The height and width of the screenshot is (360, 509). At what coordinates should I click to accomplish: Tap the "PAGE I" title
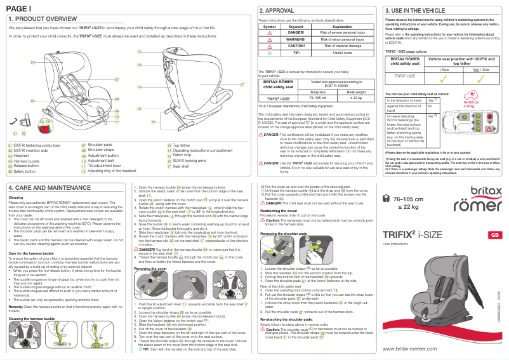[18, 7]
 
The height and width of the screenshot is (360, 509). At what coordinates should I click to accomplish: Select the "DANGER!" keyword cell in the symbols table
[296, 33]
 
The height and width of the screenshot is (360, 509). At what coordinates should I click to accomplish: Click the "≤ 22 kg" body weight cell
[355, 98]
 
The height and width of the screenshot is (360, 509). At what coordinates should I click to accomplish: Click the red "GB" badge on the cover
[492, 235]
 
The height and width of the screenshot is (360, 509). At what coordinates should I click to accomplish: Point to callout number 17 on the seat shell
[242, 84]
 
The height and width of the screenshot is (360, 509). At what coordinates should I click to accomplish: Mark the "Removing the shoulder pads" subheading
[284, 234]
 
